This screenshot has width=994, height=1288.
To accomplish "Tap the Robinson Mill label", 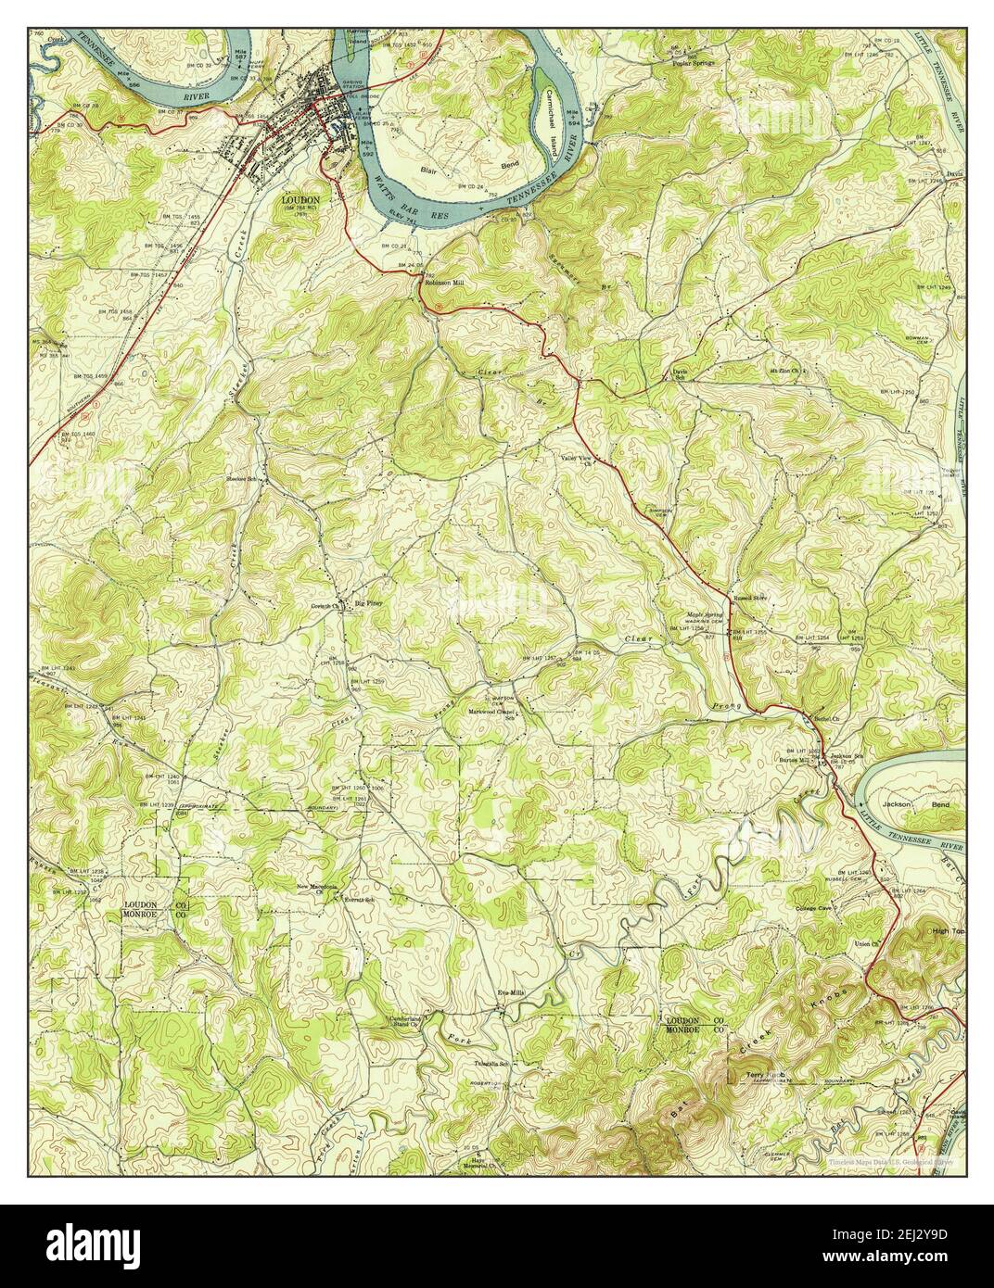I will (444, 283).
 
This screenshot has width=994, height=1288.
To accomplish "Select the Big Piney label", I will (368, 603).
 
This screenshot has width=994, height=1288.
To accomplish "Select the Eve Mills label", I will (513, 991).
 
